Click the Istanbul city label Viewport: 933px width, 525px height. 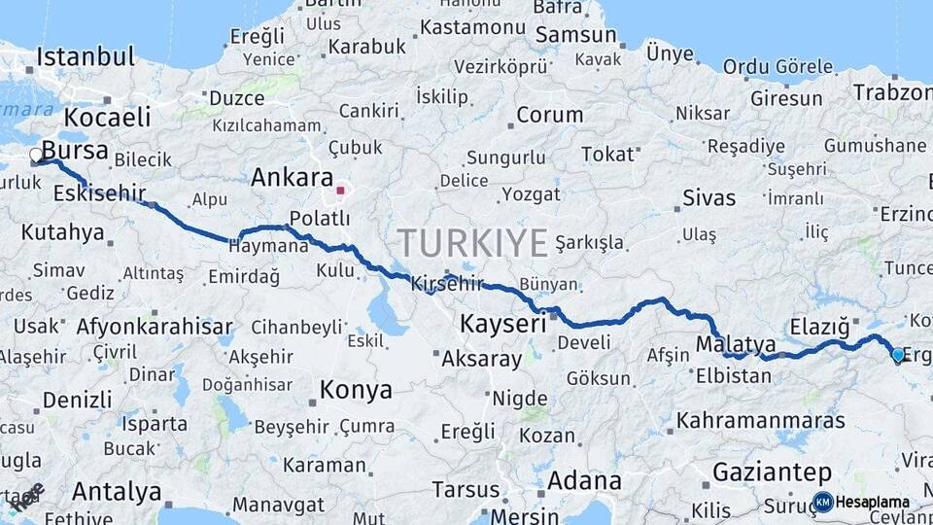(85, 55)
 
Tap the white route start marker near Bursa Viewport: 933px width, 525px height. (36, 155)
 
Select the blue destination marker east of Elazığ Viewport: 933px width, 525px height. (897, 356)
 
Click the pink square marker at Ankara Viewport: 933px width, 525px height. (340, 191)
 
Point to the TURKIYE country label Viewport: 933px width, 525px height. (472, 243)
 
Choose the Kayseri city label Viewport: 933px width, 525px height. (502, 324)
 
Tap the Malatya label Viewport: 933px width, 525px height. (736, 344)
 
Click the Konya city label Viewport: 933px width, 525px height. (356, 390)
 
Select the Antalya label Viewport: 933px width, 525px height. (117, 491)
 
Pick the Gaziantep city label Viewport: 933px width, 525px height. (772, 472)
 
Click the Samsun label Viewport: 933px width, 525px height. (576, 35)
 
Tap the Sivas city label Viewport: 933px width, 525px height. (708, 197)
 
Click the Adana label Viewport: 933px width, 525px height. (584, 480)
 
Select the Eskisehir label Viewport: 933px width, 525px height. (99, 193)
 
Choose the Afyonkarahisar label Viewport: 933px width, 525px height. (154, 326)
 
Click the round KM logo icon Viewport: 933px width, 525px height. (822, 502)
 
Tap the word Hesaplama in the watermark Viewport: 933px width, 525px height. (872, 502)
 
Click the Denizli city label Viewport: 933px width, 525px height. (77, 399)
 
